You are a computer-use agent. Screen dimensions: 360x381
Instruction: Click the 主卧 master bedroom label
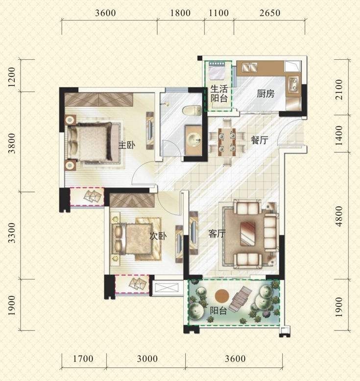(127, 145)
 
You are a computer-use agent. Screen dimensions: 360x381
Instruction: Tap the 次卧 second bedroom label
(158, 236)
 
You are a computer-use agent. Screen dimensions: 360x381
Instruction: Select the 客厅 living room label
(217, 234)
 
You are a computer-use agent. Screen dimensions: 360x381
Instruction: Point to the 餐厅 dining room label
(260, 140)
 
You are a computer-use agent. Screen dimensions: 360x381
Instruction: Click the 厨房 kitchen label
(265, 94)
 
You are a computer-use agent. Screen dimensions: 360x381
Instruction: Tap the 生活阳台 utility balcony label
(219, 94)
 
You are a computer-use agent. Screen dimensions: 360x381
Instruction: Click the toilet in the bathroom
(192, 111)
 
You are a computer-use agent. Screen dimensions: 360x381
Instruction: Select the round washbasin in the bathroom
(193, 140)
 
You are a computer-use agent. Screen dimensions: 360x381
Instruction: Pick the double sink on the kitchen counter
(250, 67)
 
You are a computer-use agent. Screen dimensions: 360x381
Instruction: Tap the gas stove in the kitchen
(294, 83)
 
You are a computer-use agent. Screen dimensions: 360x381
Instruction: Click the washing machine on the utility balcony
(217, 71)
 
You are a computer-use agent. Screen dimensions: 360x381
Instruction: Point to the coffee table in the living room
(248, 234)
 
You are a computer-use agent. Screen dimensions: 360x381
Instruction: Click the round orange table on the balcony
(222, 296)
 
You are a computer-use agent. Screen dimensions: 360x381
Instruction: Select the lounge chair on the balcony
(240, 299)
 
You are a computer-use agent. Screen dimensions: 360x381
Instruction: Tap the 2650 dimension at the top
(270, 13)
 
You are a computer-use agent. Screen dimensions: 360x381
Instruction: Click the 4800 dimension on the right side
(339, 216)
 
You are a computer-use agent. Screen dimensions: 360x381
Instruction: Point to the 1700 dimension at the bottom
(83, 358)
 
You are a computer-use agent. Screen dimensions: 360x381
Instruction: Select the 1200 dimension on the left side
(11, 77)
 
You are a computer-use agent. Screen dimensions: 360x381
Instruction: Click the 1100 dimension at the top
(219, 13)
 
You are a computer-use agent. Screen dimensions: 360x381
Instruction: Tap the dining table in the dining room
(227, 142)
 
